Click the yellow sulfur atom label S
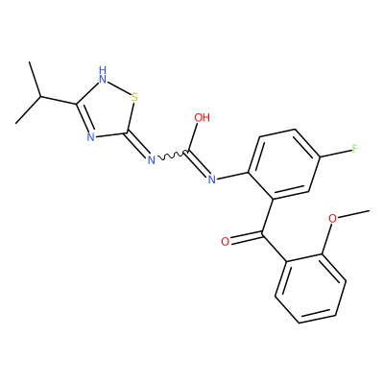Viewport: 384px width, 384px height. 134,97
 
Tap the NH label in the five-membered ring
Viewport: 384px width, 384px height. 103,75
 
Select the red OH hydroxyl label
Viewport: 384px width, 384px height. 203,118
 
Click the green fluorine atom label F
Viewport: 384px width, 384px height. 354,149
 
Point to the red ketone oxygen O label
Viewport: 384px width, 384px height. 226,242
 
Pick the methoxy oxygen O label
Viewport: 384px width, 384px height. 333,219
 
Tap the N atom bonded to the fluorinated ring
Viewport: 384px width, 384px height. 211,180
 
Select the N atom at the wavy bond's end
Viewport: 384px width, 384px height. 152,159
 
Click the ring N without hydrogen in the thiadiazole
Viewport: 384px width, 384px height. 91,137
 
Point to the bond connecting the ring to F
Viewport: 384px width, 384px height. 335,153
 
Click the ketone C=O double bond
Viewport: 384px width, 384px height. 246,238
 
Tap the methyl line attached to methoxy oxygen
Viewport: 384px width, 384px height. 353,214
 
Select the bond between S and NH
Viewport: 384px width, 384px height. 119,88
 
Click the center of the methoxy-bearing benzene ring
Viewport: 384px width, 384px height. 311,289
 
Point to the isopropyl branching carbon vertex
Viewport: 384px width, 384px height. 40,96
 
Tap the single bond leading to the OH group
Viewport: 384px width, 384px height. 193,137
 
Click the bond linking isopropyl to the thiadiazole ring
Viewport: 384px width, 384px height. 59,100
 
